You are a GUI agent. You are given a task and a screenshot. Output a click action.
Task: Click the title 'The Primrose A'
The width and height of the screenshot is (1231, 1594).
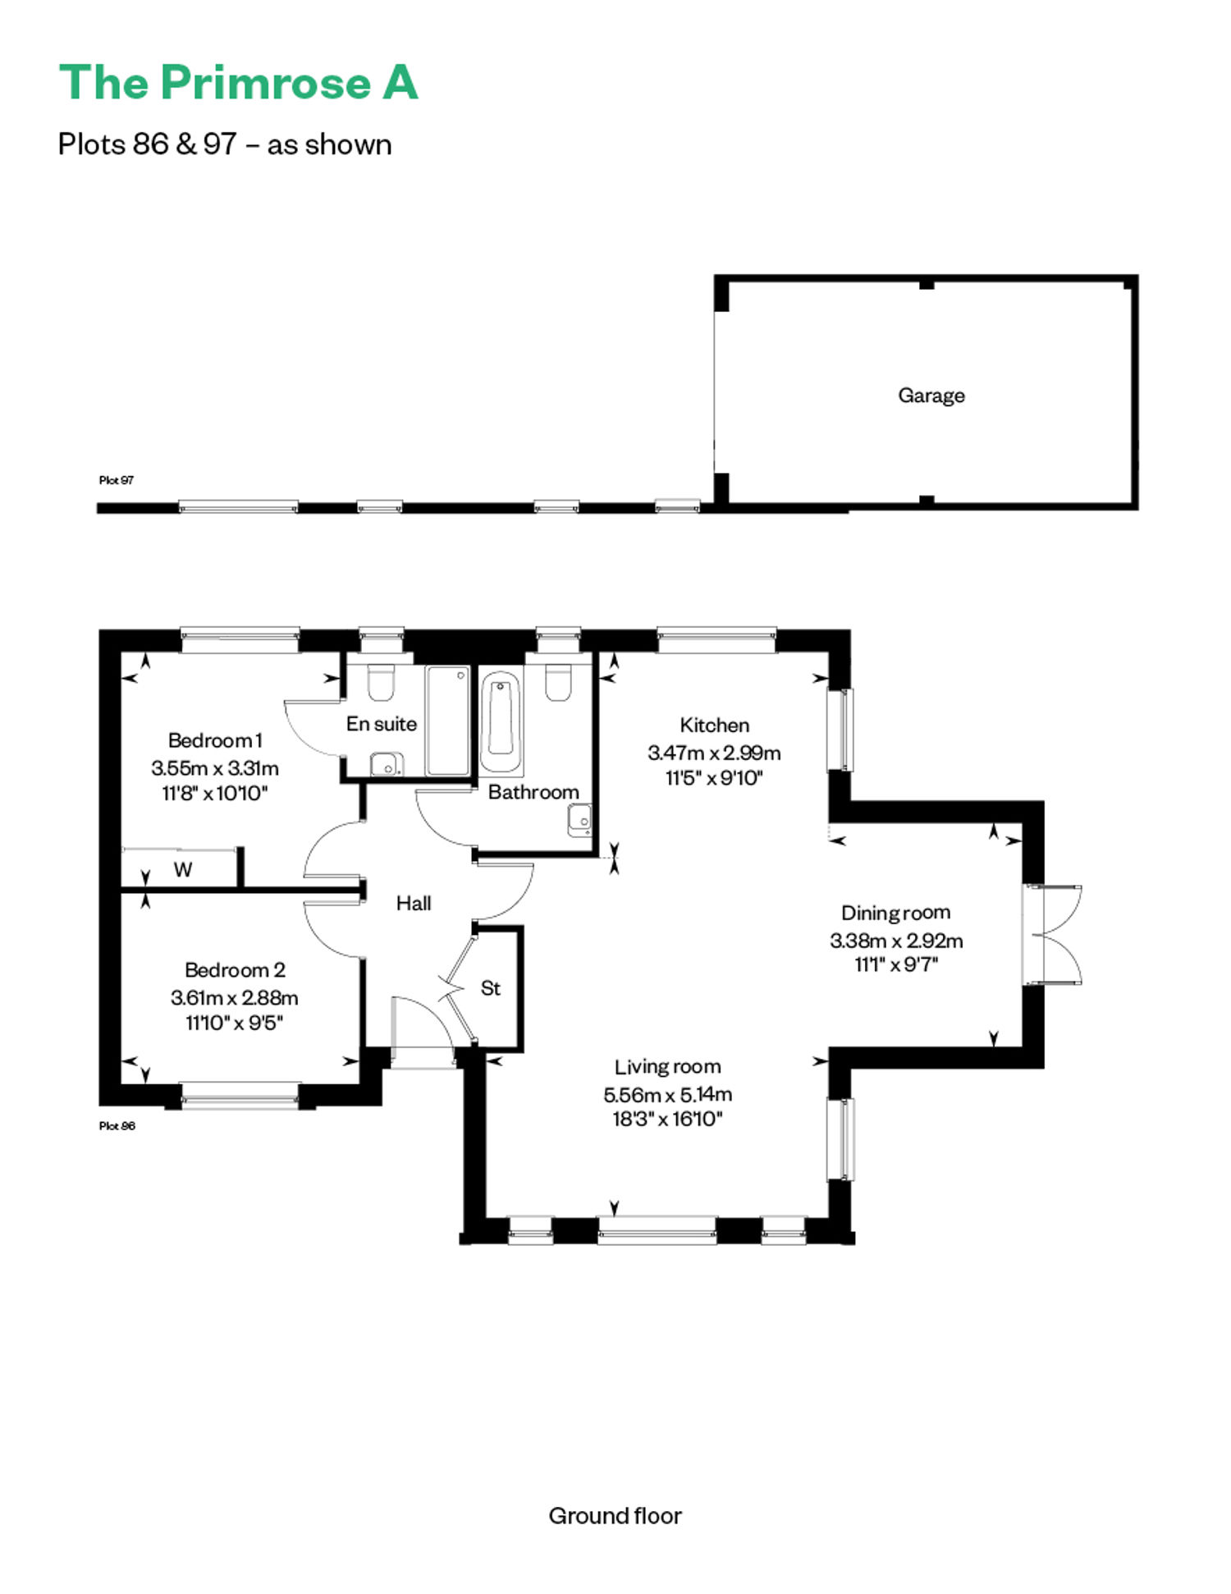click(x=238, y=83)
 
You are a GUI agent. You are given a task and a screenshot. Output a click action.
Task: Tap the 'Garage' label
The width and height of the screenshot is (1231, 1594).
click(x=931, y=396)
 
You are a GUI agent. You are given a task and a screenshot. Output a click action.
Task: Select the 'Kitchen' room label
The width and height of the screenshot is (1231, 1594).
click(x=714, y=725)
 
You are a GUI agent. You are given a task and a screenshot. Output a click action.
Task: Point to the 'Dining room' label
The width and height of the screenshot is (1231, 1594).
click(x=895, y=913)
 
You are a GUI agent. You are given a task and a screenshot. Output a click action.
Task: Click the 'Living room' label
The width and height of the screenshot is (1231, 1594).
click(x=667, y=1067)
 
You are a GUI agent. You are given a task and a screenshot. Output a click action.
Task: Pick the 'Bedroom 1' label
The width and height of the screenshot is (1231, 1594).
click(x=215, y=740)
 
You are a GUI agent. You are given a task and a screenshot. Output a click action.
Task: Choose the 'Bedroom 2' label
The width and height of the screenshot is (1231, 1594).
click(x=235, y=970)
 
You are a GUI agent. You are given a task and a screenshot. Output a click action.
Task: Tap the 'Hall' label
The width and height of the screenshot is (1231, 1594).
click(x=414, y=904)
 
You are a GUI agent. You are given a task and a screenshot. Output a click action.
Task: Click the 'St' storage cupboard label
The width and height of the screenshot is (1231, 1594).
click(x=491, y=988)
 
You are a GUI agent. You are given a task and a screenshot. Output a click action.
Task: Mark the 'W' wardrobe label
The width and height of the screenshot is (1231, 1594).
click(x=183, y=870)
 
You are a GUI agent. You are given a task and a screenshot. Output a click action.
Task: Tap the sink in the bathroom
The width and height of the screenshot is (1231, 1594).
click(x=579, y=820)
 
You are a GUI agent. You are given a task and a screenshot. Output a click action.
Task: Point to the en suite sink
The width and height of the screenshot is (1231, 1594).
click(x=387, y=764)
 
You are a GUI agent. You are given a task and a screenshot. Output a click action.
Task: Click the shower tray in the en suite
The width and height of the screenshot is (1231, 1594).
click(x=448, y=721)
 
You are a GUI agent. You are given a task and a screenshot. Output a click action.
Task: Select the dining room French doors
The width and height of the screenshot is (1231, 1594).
click(x=1053, y=934)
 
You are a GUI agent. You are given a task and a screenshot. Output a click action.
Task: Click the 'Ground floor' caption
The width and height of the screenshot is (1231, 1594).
click(x=615, y=1516)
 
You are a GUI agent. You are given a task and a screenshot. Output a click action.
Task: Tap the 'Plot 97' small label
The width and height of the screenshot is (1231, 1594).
click(x=117, y=480)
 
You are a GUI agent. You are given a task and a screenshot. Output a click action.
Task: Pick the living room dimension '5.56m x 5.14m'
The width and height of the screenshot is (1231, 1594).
click(x=668, y=1094)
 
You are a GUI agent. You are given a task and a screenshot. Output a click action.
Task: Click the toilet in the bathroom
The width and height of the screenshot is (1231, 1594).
click(x=558, y=683)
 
